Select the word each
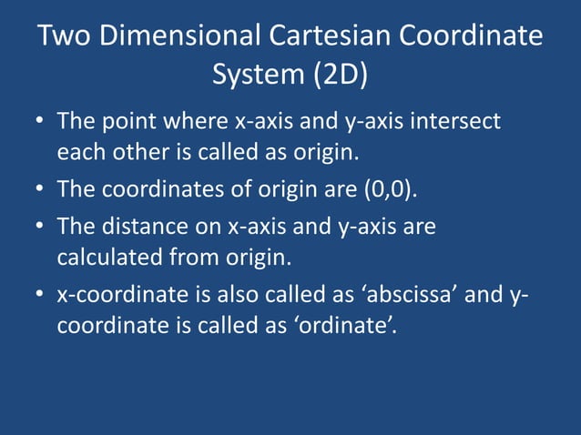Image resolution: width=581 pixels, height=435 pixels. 80,151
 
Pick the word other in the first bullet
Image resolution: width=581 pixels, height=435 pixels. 135,151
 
